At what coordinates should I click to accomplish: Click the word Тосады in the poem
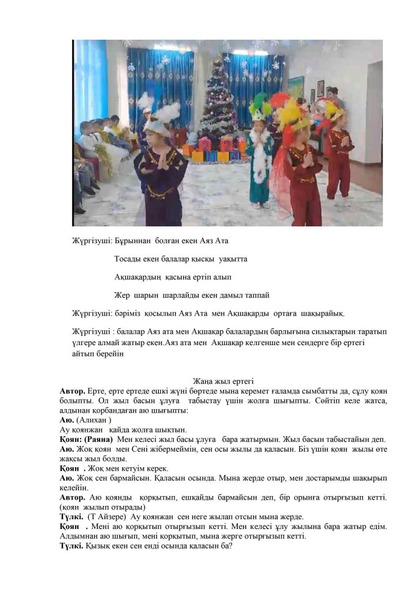click(x=127, y=259)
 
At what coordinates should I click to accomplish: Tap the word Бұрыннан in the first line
click(x=134, y=240)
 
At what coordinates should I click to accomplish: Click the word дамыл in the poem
click(x=226, y=296)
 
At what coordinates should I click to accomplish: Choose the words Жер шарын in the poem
click(x=133, y=296)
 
